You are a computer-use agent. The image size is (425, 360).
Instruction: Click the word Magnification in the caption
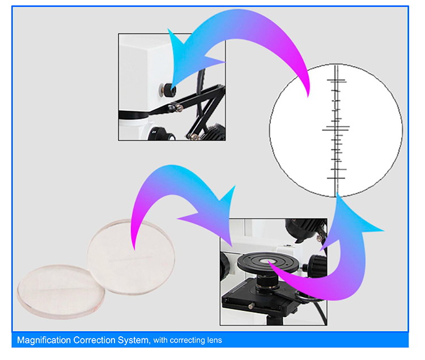point(44,340)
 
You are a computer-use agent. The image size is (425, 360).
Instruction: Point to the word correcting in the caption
point(188,341)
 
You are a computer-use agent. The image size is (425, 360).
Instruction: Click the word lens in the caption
point(215,340)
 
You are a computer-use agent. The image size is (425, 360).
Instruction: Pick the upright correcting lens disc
point(131,257)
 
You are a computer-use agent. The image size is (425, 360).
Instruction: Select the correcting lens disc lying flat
point(61,292)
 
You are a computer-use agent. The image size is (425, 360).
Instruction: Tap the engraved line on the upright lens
point(130,259)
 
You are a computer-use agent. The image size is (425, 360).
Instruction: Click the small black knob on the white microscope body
point(167,90)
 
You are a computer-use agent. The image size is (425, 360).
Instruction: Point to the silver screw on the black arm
point(178,108)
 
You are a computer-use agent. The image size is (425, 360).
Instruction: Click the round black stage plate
point(268,262)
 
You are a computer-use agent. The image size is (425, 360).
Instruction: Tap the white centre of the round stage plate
point(267,261)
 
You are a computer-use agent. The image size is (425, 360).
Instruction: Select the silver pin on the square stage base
point(251,306)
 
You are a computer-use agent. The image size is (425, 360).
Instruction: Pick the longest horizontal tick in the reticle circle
point(335,130)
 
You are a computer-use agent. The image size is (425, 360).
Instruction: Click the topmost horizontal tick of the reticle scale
point(336,80)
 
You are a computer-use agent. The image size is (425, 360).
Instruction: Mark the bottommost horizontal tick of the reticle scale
point(336,178)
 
